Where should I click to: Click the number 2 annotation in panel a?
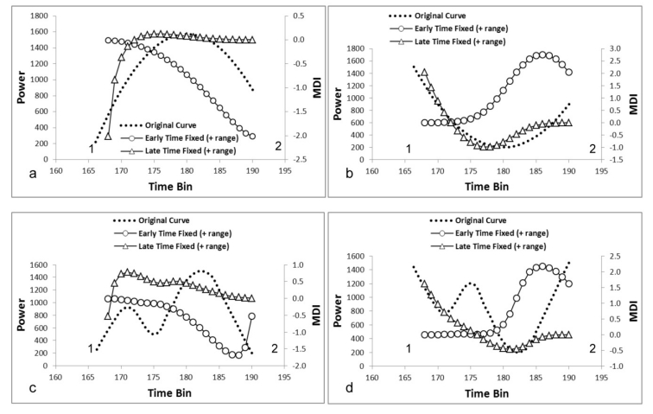click(277, 148)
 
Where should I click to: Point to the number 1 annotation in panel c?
click(91, 348)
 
